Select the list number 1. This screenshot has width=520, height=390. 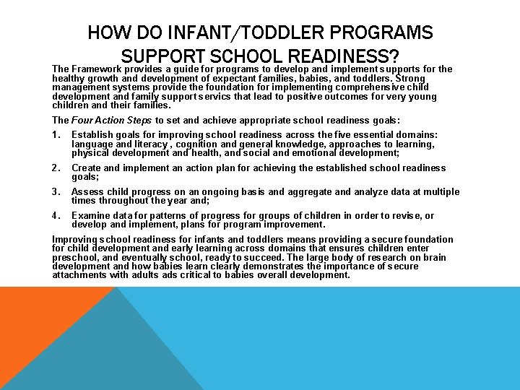[x=56, y=135]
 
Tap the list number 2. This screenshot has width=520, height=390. [x=56, y=168]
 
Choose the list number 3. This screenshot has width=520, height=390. [x=56, y=192]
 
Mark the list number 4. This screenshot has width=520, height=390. [x=56, y=216]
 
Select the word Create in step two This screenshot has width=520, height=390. [x=87, y=168]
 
